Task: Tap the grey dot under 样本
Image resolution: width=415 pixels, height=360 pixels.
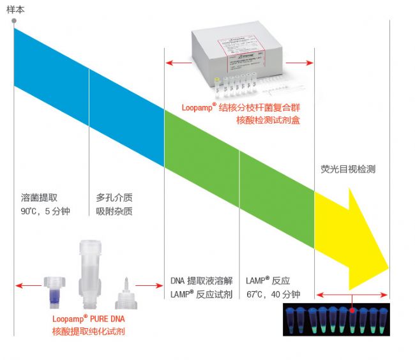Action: (14, 21)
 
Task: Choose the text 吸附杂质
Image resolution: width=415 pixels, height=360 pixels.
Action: (114, 211)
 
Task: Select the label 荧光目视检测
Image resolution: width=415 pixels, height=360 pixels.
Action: (347, 169)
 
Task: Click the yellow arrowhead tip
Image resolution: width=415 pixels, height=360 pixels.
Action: (386, 264)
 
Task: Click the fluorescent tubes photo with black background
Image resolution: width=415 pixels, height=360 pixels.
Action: (336, 319)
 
